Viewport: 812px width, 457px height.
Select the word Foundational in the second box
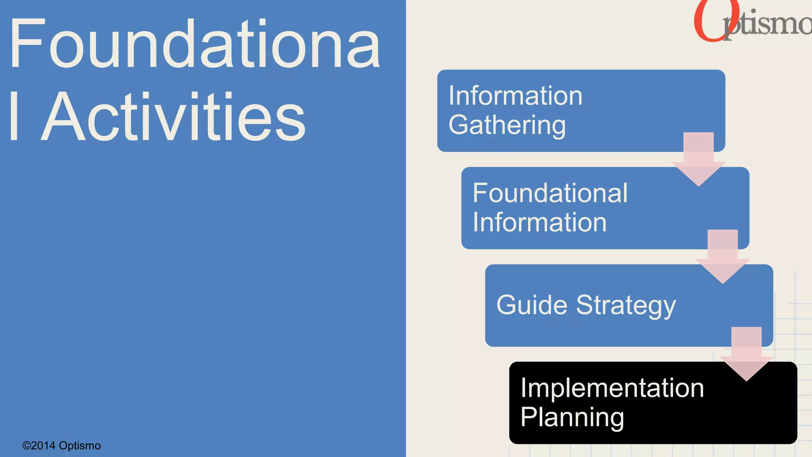point(550,193)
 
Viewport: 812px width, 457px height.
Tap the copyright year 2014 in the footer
point(43,446)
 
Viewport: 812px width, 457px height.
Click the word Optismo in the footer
point(80,446)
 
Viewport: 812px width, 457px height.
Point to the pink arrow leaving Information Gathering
point(698,159)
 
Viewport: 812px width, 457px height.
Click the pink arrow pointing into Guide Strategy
point(722,256)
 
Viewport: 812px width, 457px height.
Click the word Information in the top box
point(515,96)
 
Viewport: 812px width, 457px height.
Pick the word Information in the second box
point(540,222)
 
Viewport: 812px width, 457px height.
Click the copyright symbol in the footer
point(27,446)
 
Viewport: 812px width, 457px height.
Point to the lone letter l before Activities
point(14,116)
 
